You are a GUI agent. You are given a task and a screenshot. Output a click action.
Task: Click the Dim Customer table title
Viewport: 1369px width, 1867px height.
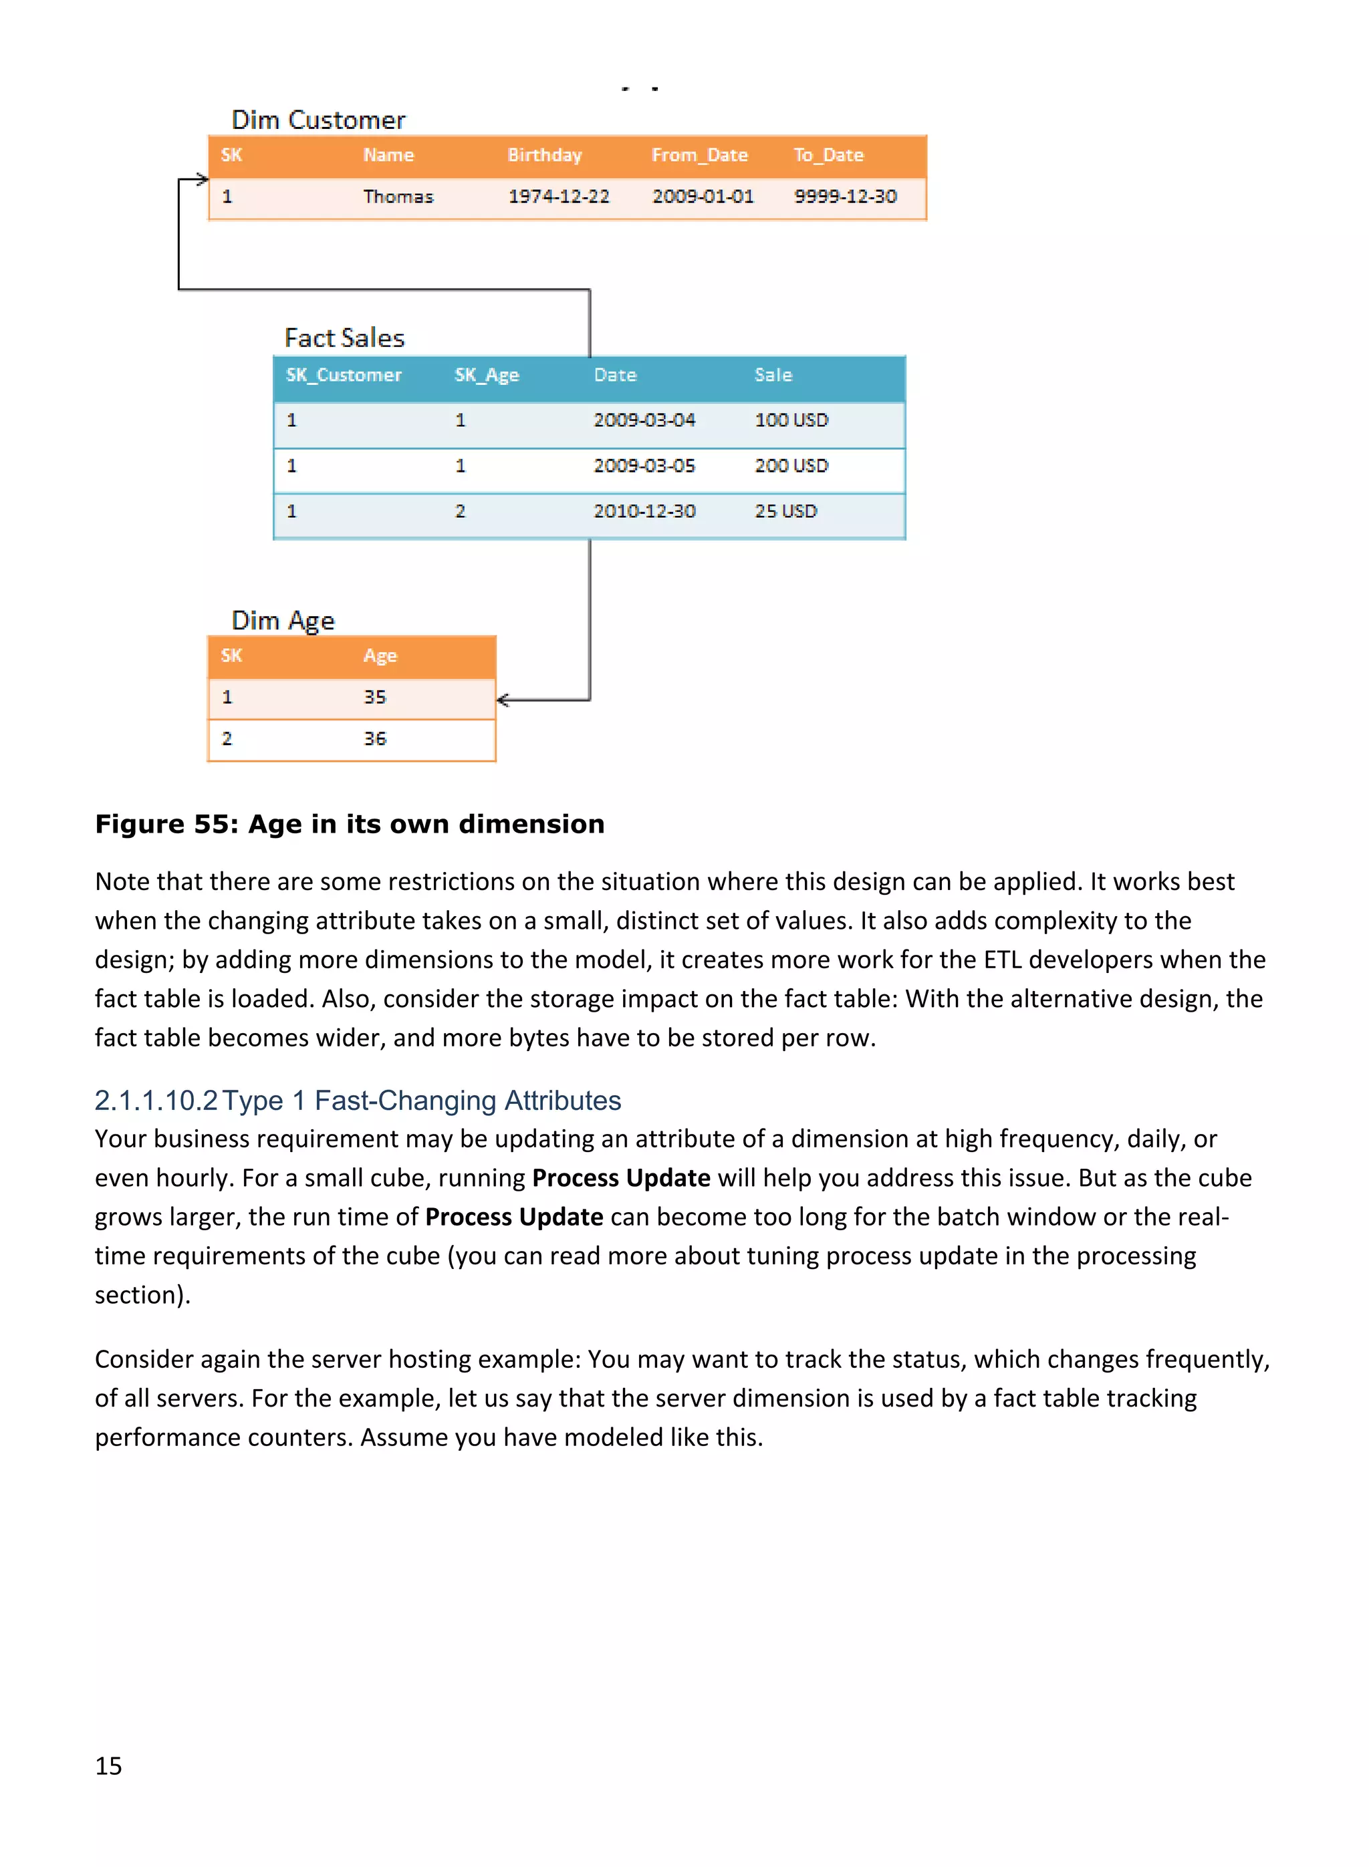point(318,120)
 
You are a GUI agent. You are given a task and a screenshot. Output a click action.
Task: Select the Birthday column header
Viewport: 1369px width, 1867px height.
point(544,156)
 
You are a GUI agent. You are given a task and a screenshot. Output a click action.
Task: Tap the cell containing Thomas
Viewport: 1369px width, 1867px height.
point(398,197)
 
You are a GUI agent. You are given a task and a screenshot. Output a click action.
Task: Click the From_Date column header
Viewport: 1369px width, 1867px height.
point(699,156)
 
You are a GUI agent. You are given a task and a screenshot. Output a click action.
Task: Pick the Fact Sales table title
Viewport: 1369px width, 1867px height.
point(344,338)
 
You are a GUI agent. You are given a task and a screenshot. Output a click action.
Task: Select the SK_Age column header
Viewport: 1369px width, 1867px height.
point(487,376)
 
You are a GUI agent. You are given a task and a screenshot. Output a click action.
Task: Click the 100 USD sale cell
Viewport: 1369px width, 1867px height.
point(791,420)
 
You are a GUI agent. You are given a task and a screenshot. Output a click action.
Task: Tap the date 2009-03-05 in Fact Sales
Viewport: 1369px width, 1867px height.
point(644,466)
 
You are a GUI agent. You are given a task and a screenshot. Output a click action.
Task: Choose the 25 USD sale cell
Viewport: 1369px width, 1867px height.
point(785,511)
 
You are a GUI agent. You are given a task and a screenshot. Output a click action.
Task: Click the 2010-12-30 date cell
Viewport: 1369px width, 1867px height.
point(644,511)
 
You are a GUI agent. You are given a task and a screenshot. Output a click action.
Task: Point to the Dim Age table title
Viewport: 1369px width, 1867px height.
point(283,620)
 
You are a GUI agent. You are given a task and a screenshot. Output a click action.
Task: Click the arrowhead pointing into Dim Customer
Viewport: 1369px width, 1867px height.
point(202,179)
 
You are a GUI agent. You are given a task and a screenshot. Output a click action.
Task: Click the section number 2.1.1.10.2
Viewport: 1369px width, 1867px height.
point(156,1100)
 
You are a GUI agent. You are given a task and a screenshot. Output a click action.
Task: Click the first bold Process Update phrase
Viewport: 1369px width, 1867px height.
point(621,1178)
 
